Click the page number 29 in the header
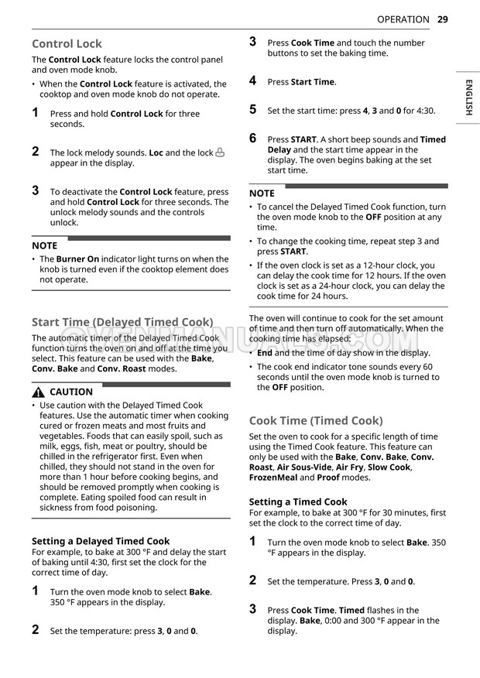pos(442,19)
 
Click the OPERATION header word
pos(403,19)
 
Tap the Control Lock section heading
pos(67,44)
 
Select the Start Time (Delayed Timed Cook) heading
pos(122,322)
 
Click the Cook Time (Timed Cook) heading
pos(316,421)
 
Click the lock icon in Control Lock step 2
pos(220,152)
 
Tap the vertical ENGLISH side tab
pos(468,97)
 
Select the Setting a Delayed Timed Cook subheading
pos(101,541)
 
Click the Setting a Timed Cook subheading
pos(298,502)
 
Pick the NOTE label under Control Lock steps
pos(44,245)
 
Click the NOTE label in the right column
pos(262,193)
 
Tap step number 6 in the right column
pos(252,138)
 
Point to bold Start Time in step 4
pos(313,82)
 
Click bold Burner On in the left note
pos(77,259)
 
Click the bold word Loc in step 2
pos(156,153)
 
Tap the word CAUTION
pos(71,392)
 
